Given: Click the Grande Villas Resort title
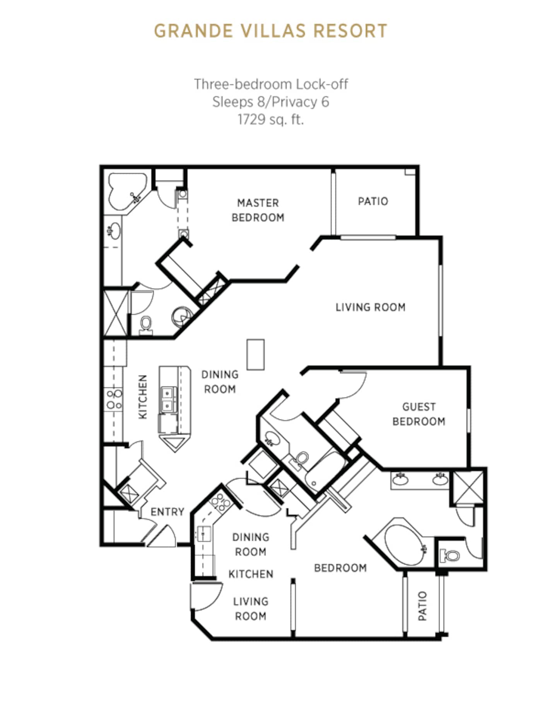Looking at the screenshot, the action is point(270,31).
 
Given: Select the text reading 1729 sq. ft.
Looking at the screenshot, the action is point(270,119).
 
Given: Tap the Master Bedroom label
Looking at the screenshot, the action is point(258,210).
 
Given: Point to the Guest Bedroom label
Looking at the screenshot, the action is point(419,414).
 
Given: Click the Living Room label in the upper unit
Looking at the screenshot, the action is point(370,307).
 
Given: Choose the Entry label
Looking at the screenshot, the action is point(167,512).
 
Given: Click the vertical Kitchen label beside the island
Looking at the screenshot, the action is point(143,397).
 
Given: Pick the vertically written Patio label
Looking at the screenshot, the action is point(422,606).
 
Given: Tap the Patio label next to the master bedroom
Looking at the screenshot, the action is point(373,201).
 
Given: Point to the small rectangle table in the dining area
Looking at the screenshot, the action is point(256,354).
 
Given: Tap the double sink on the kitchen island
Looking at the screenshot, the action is point(168,399).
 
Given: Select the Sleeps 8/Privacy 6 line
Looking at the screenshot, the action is point(270,102).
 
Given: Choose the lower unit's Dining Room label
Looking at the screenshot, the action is point(251,544).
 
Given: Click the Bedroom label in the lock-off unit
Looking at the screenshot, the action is point(340,568).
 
